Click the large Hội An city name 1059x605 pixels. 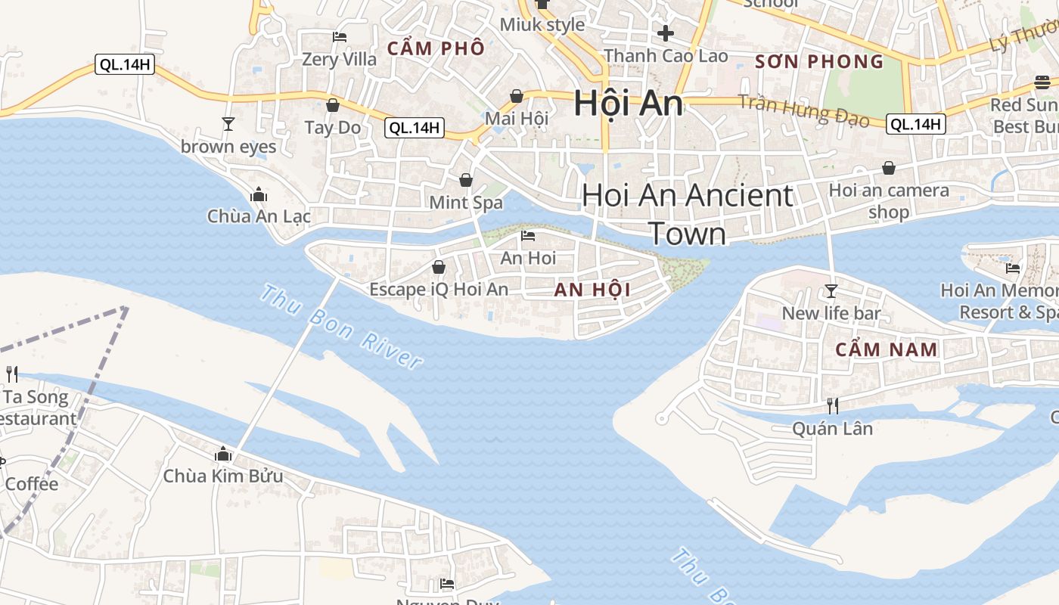coord(628,103)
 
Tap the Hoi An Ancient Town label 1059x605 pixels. coord(688,214)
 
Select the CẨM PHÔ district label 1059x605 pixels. coord(436,48)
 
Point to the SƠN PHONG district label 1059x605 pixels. coord(819,61)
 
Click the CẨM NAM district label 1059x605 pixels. coord(887,349)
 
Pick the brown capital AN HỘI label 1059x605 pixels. coord(592,290)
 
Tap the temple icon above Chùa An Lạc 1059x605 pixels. coord(259,195)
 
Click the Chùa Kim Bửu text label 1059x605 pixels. coord(223,476)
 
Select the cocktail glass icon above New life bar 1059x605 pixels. coord(831,291)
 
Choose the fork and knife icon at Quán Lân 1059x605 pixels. coord(832,406)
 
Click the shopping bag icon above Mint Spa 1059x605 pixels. coord(466,180)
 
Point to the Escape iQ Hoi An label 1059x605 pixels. coord(439,289)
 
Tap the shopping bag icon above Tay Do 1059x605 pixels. coord(332,105)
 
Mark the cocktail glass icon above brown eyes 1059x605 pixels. coord(228,124)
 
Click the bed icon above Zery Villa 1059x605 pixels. coord(340,36)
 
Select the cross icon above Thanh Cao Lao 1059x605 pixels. coord(666,33)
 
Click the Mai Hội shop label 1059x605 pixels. coord(517,118)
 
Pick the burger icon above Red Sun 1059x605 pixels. coord(1042,82)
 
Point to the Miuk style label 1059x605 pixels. coord(542,24)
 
